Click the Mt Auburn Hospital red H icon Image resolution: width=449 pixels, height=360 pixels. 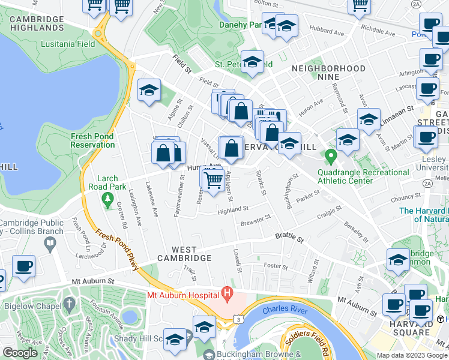[227, 293]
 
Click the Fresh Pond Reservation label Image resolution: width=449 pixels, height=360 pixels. [92, 140]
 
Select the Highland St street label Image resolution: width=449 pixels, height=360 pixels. [233, 209]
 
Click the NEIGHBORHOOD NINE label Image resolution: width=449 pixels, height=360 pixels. [328, 68]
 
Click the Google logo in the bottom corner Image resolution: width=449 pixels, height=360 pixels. [20, 353]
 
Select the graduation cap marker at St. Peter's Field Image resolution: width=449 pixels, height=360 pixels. [253, 62]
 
